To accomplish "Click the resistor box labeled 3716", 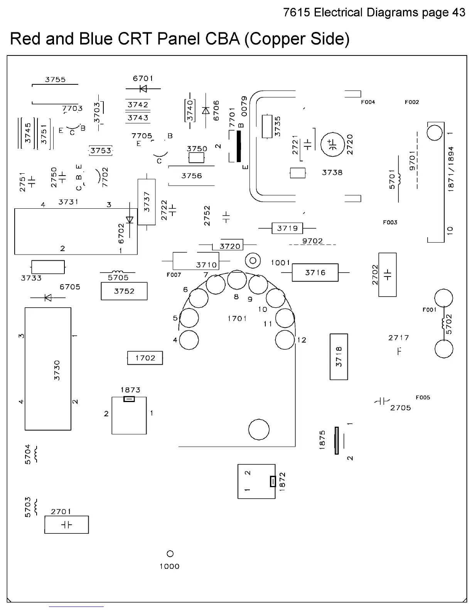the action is click(x=315, y=272).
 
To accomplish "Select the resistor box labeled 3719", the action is click(x=287, y=228).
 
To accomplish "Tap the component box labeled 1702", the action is click(x=145, y=358).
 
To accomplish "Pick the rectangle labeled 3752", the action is click(x=124, y=291).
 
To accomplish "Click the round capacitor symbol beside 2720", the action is click(x=332, y=144).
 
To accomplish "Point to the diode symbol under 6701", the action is click(x=143, y=89).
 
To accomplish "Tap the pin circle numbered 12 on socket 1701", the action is click(x=285, y=340).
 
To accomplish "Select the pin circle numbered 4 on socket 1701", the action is click(x=189, y=340).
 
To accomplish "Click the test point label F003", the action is click(x=390, y=222).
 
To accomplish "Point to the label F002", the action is click(x=411, y=102).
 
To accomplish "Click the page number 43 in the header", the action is click(x=459, y=12).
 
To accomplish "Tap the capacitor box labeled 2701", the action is click(x=66, y=525).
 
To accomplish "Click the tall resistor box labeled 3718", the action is click(x=339, y=357).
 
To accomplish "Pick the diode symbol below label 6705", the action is click(x=48, y=298).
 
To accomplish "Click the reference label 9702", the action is click(x=312, y=241).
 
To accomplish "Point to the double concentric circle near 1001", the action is click(x=253, y=260).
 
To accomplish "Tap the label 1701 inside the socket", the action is click(x=237, y=318).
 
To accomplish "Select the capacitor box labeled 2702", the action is click(x=388, y=275).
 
